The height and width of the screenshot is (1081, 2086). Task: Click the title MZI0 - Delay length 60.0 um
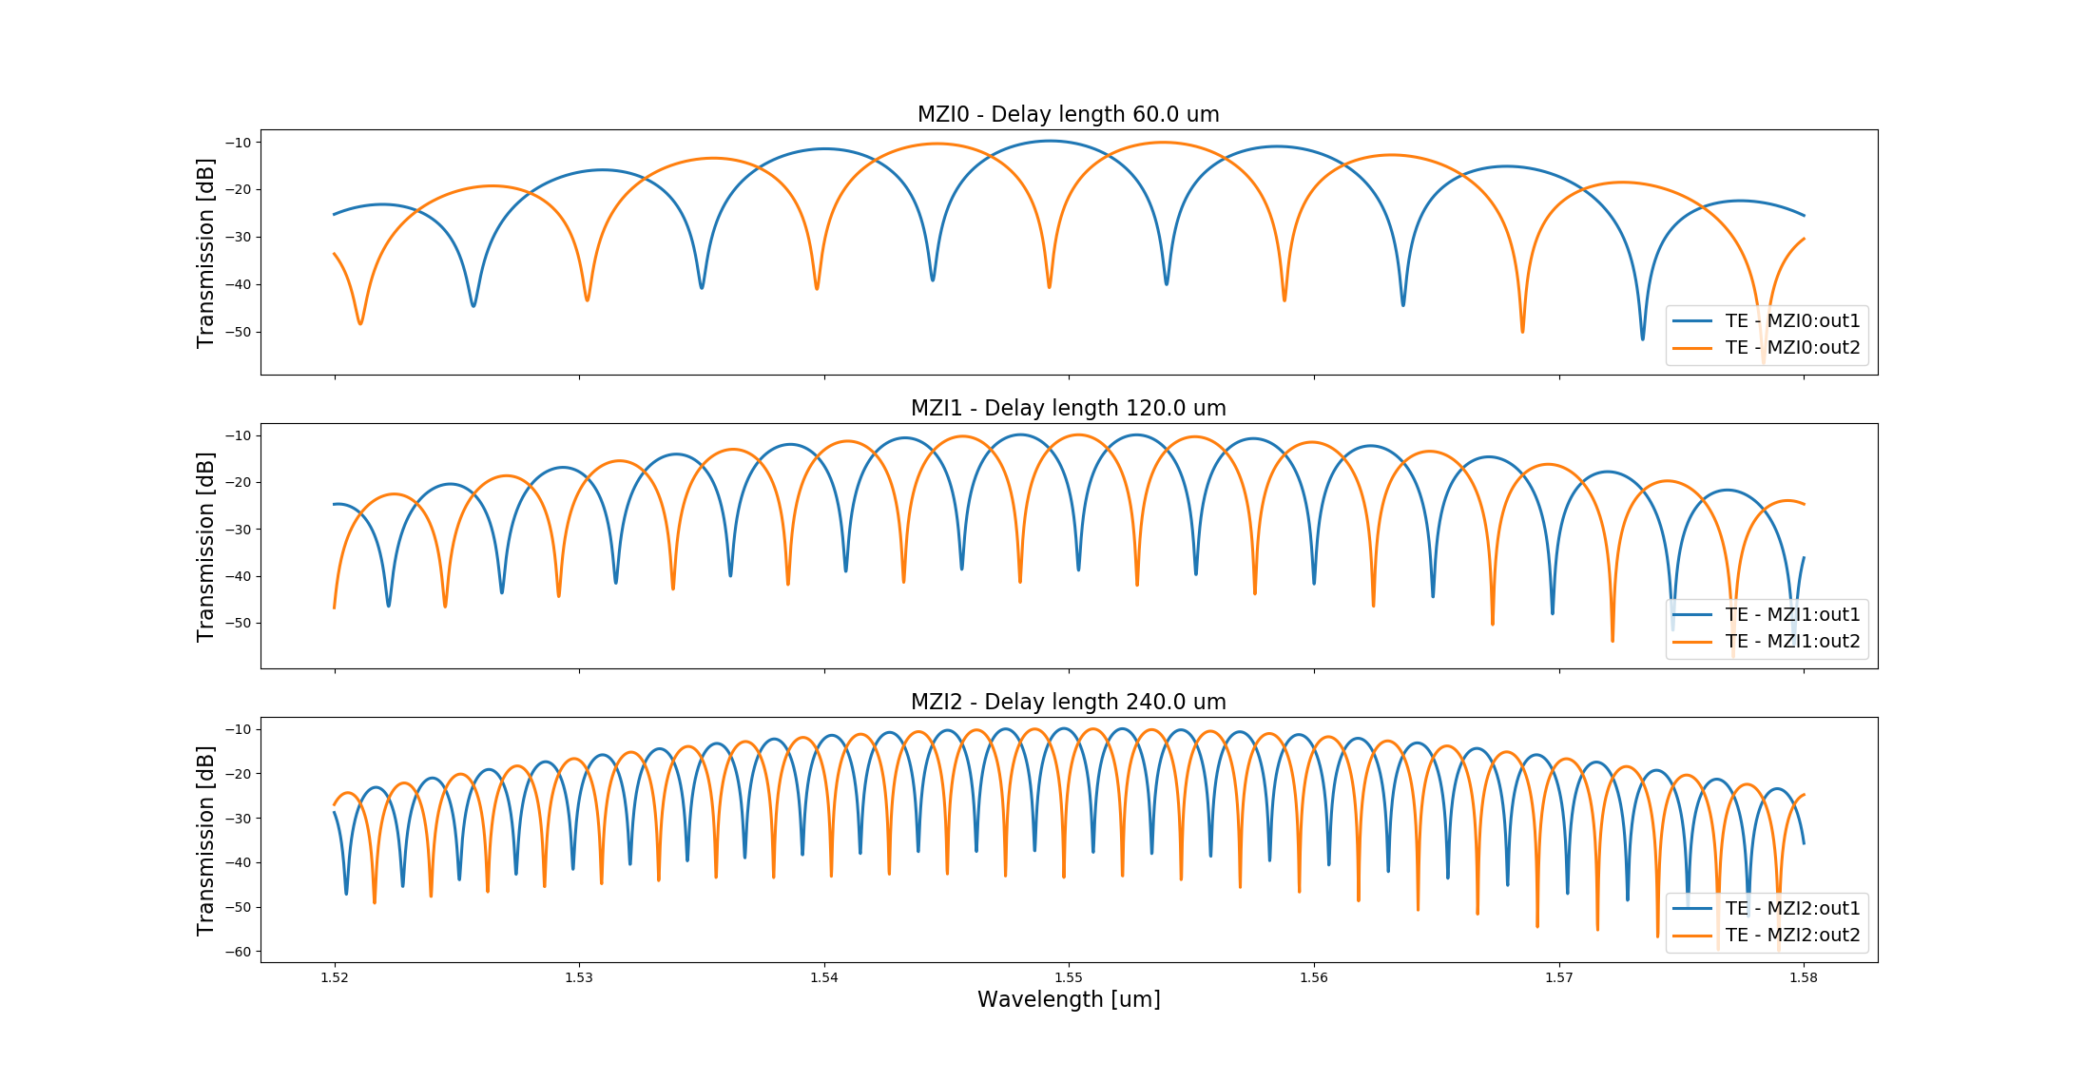coord(1068,115)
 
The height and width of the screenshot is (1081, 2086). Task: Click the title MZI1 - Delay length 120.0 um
coord(1068,409)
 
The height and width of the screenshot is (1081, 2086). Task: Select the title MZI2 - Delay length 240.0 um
coord(1068,703)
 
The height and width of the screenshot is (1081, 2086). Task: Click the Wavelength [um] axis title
coord(1069,1000)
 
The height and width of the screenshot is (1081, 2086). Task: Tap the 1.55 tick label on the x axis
coord(1069,977)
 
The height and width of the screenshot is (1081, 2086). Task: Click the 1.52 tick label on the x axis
coord(334,977)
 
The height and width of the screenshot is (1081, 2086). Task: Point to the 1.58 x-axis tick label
coord(1804,977)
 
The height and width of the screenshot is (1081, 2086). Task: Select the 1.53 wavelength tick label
coord(579,977)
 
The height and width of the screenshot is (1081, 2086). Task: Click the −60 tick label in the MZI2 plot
coord(238,952)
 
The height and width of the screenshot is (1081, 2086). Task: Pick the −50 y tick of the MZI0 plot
coord(238,333)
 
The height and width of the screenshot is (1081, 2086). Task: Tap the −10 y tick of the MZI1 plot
coord(238,436)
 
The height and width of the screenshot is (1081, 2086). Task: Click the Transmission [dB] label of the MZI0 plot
coord(205,253)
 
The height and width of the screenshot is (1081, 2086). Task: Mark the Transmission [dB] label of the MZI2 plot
coord(205,840)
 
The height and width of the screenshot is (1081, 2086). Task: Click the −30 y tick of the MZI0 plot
coord(238,238)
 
